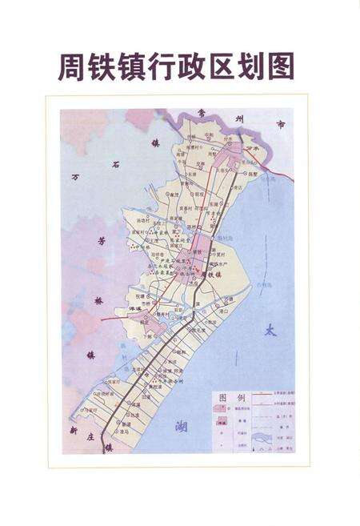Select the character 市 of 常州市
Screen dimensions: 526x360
point(280,126)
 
